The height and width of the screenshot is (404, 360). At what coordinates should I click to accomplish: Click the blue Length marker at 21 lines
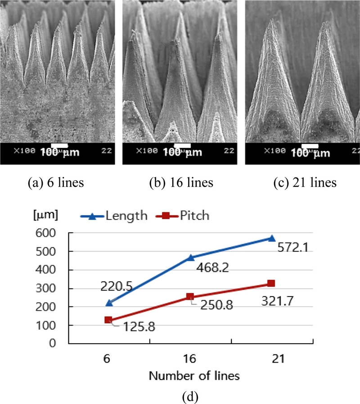pos(271,238)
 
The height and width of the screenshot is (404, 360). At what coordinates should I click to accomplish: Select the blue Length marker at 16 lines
pos(190,257)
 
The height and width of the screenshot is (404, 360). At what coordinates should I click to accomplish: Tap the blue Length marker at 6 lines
pos(108,303)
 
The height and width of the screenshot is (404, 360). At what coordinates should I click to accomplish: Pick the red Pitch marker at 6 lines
pos(108,320)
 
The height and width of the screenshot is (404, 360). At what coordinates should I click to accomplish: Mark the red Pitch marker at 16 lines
pos(190,297)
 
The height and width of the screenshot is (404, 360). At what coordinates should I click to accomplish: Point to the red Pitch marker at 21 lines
pos(271,283)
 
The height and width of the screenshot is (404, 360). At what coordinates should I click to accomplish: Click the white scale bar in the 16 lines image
pos(182,146)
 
